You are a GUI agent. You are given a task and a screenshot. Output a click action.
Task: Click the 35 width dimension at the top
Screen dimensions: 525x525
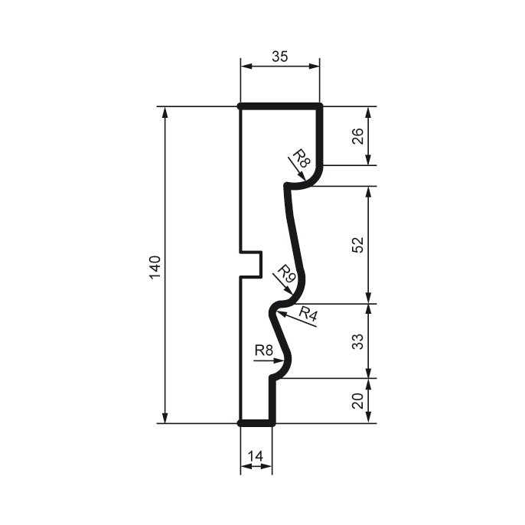(280, 56)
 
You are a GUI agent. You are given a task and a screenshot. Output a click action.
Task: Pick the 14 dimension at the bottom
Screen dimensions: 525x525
(256, 457)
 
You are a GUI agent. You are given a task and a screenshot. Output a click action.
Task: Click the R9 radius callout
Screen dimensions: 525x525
(285, 274)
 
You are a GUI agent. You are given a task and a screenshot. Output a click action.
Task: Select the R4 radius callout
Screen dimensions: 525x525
(308, 312)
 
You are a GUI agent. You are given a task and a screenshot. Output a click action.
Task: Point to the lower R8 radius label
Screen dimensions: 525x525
(264, 351)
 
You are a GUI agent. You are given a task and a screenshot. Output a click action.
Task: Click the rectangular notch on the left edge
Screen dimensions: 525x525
(252, 263)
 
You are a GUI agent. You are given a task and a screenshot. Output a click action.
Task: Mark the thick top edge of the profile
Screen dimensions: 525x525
(279, 106)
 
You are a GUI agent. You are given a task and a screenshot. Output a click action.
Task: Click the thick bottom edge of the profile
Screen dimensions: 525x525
(256, 422)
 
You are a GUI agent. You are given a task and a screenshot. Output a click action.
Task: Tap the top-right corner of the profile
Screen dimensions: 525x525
(319, 106)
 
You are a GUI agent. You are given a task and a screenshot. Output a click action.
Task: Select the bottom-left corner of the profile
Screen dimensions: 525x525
(240, 422)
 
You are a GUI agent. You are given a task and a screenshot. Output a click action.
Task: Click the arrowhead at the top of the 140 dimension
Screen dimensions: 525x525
(165, 111)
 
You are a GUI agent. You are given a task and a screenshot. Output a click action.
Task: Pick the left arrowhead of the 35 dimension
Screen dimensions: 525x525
(245, 67)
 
